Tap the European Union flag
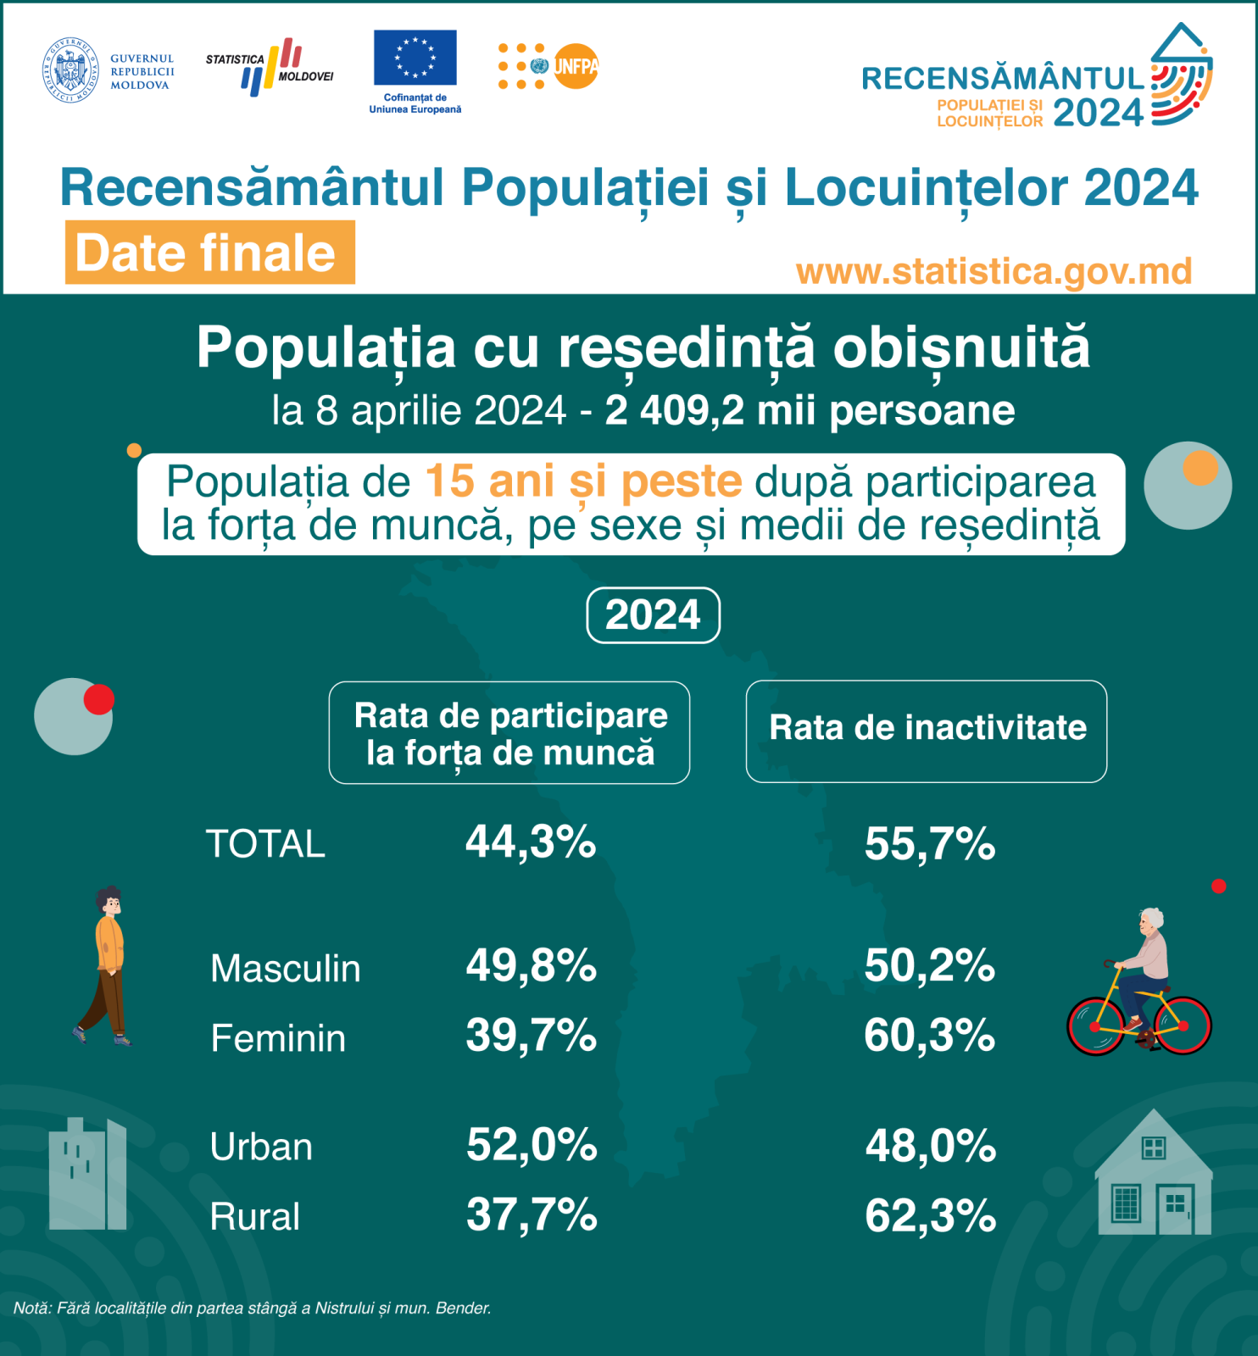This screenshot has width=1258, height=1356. pos(415,58)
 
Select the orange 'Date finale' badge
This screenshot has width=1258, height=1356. pos(209,253)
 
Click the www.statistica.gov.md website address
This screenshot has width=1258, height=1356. pos(994,271)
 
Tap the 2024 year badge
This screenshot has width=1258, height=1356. pos(653,615)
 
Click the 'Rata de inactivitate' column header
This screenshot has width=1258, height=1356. pos(927,729)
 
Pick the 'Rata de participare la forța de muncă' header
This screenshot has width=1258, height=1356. pos(509,733)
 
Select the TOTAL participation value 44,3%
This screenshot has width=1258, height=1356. pos(531,842)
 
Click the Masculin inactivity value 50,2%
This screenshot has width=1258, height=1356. pos(929,966)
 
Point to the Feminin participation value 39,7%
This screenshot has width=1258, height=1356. pos(531,1036)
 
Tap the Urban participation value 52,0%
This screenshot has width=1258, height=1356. pos(532,1145)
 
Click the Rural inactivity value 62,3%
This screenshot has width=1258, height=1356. pos(930,1216)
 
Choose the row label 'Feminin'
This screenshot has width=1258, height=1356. pos(278,1039)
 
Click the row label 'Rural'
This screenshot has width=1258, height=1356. pos(254,1217)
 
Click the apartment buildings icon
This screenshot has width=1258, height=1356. pos(88,1175)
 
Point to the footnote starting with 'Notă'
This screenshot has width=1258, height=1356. pos(253,1309)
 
